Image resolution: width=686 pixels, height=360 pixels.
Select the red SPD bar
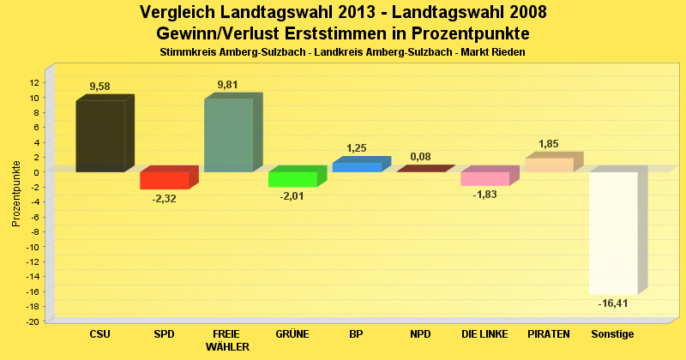click(164, 180)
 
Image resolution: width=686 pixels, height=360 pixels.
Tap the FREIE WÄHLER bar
click(228, 135)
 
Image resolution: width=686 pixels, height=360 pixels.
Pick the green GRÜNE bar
click(292, 179)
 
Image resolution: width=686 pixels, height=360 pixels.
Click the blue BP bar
click(357, 166)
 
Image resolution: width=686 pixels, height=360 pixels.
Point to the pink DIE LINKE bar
click(485, 178)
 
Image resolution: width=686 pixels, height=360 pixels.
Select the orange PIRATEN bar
click(549, 165)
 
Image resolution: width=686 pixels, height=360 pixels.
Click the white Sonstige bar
click(613, 232)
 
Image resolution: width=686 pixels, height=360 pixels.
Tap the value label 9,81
click(228, 84)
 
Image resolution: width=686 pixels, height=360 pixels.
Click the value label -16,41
click(613, 303)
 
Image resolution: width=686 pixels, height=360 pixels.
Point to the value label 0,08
click(420, 156)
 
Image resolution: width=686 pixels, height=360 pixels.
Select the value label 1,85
click(549, 143)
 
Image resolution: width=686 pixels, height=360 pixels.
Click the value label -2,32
click(164, 199)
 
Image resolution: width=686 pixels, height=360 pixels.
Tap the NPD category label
click(420, 333)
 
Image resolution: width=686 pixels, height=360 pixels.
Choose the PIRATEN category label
click(549, 333)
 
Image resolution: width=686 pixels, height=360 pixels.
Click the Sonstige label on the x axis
click(613, 333)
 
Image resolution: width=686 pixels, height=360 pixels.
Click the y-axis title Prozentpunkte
click(16, 193)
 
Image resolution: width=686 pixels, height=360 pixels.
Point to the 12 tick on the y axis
click(33, 82)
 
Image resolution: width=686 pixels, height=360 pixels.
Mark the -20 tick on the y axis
click(32, 321)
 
